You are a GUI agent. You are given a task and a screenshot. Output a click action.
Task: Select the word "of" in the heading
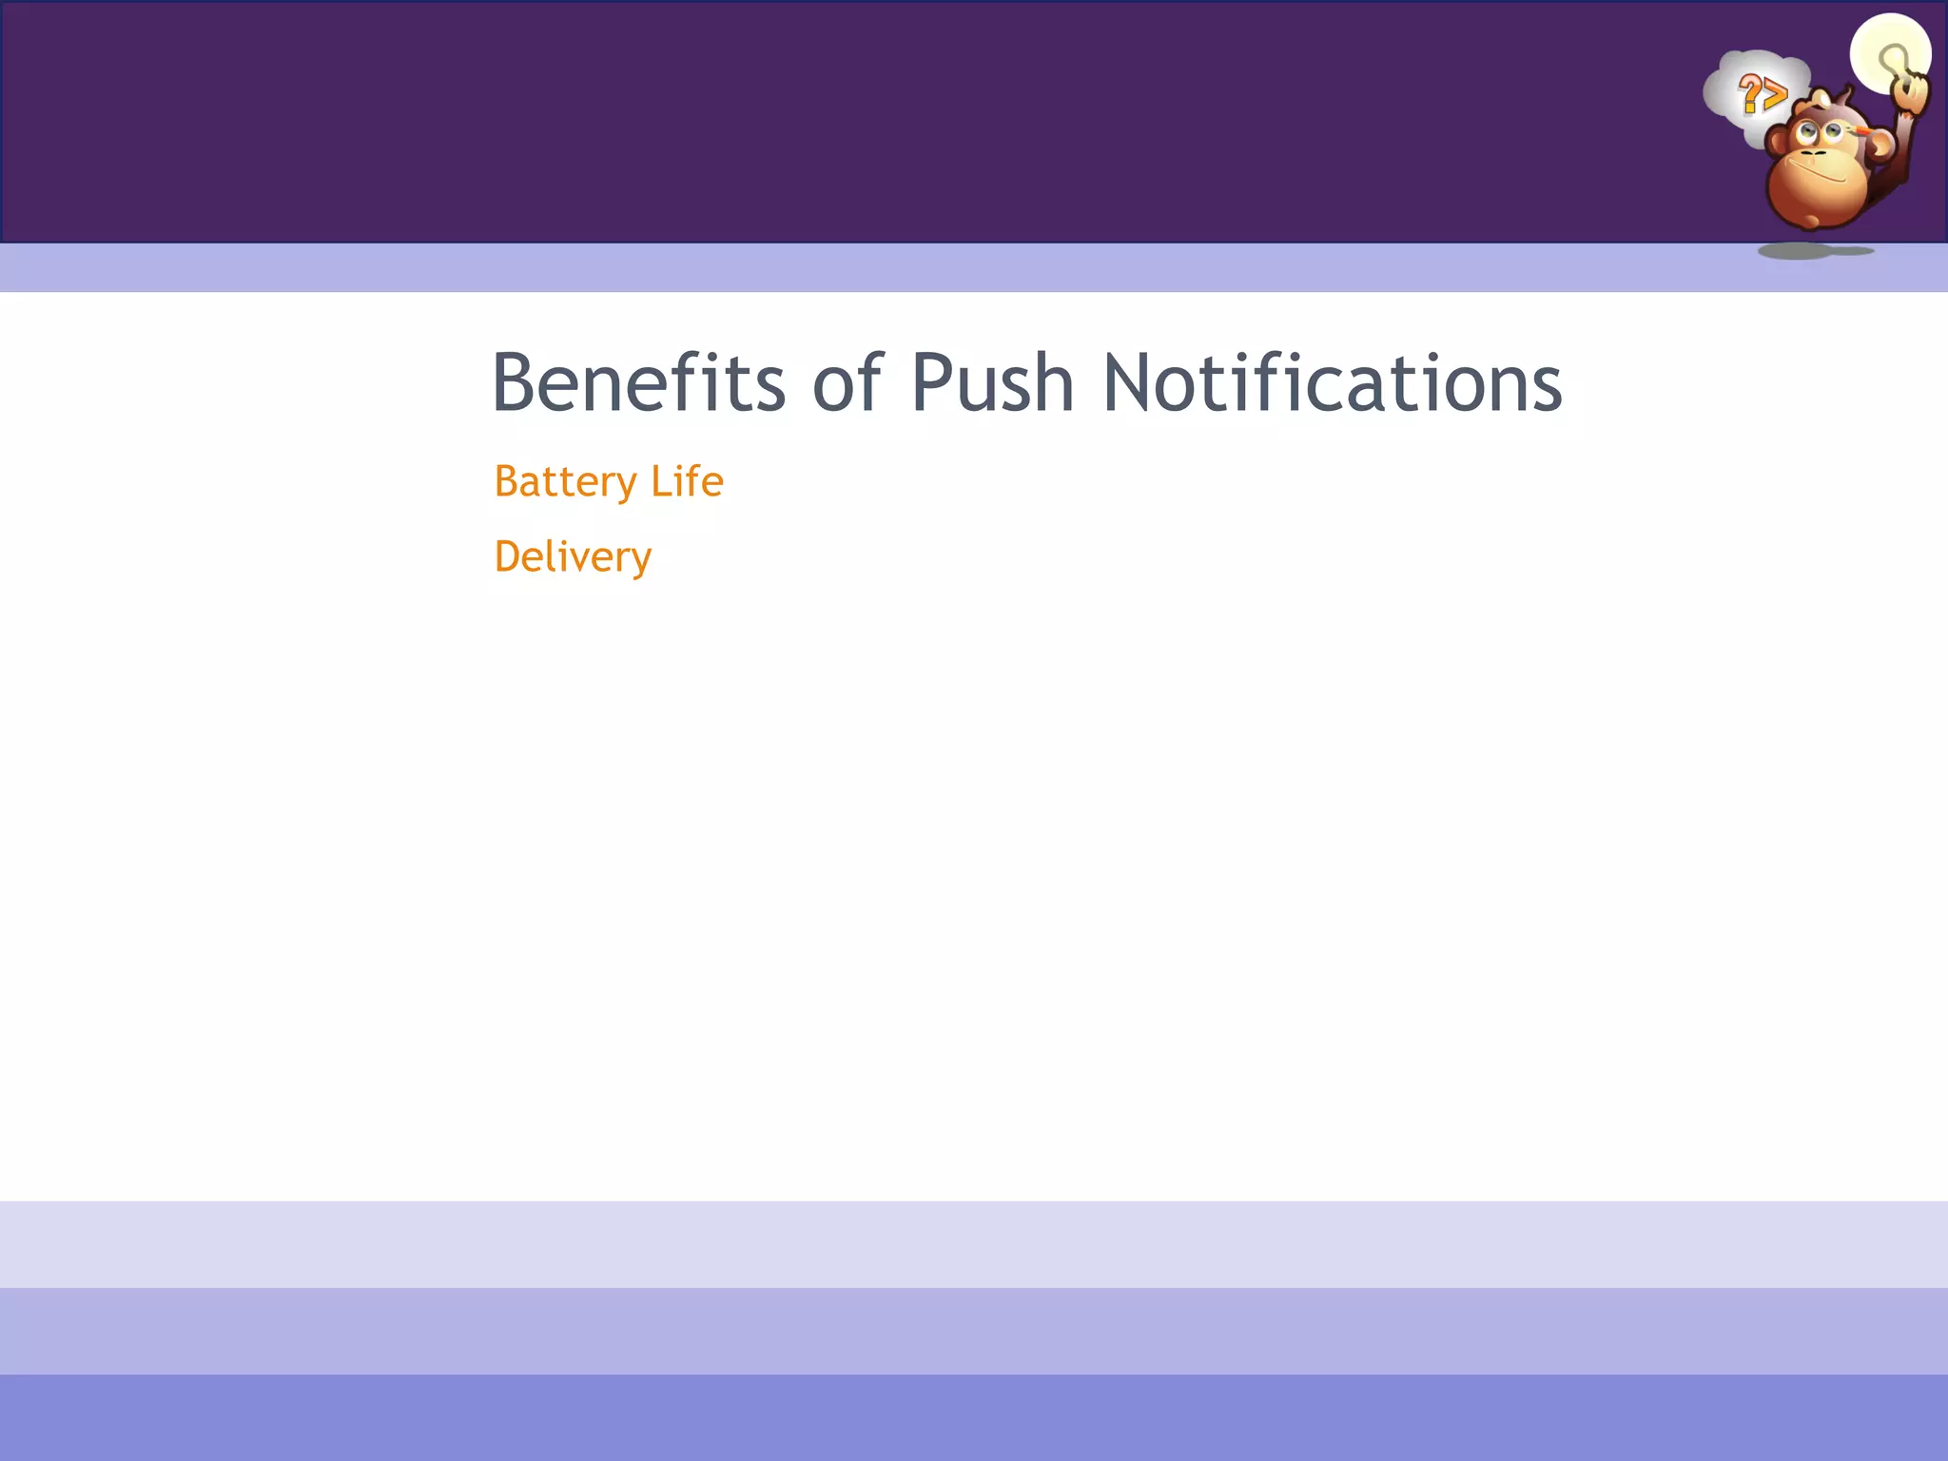tap(847, 382)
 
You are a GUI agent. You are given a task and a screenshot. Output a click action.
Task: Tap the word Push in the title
tap(992, 382)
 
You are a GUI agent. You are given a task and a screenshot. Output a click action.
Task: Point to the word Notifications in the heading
tap(1332, 382)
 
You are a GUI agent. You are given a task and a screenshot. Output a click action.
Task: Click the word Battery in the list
tap(565, 482)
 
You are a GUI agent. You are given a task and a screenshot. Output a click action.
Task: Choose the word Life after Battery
tap(687, 481)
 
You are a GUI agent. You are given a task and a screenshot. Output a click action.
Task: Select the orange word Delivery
tap(573, 557)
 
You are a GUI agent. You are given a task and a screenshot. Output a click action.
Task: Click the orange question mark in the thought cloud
tap(1748, 94)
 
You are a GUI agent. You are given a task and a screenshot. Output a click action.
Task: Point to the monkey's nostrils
tap(1813, 152)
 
